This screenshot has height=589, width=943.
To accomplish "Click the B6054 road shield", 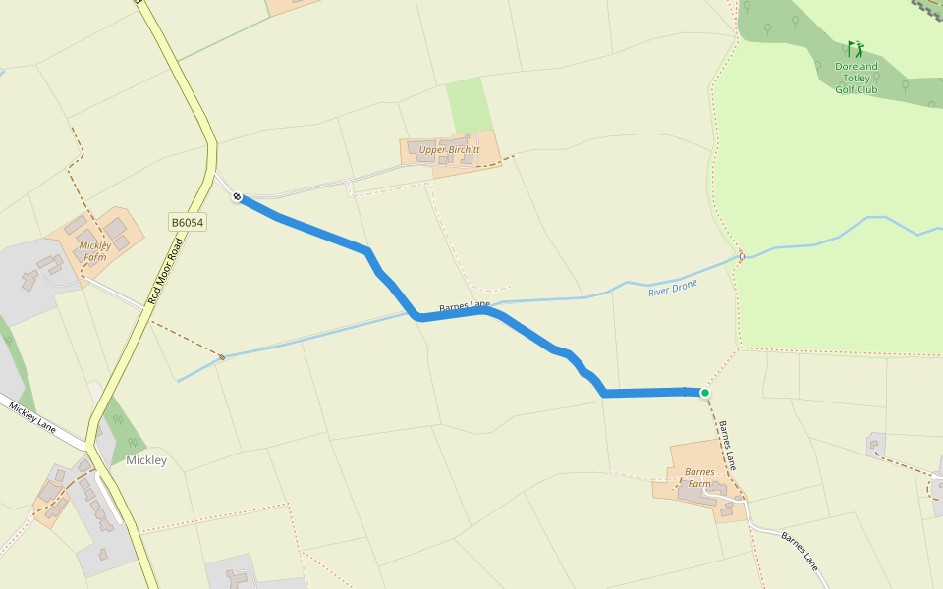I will (187, 224).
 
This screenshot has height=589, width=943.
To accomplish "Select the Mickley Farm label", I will (94, 251).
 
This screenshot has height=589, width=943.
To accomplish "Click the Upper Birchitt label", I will (449, 150).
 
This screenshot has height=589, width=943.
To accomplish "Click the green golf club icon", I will (856, 48).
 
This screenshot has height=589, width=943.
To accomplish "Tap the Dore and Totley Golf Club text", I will (856, 78).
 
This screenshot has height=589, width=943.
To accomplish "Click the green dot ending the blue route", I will (704, 393).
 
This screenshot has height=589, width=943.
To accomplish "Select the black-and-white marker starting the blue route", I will (237, 197).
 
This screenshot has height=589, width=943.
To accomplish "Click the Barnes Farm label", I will (699, 478).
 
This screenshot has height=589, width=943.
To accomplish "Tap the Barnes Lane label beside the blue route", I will (464, 308).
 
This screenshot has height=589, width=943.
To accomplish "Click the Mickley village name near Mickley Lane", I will (146, 460).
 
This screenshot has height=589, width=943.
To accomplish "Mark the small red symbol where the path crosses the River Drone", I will (741, 257).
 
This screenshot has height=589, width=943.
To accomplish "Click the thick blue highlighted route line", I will (324, 235).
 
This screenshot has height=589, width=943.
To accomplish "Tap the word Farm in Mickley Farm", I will (94, 257).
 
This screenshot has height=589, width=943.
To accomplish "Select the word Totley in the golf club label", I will (856, 79).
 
